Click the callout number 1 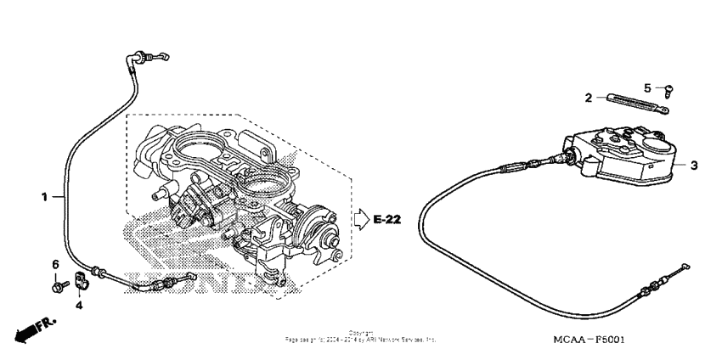coord(44,197)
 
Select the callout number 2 coord(587,98)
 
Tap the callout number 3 coord(693,166)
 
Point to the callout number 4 coord(79,305)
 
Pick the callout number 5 coord(647,87)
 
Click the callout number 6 coord(57,264)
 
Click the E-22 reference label coord(387,221)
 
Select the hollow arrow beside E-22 coord(361,221)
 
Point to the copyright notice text coord(361,335)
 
